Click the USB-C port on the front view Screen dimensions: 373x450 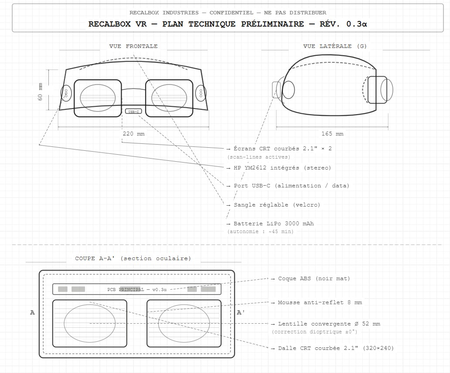point(133,111)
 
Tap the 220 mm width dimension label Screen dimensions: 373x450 point(133,134)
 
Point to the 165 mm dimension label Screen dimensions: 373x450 point(332,134)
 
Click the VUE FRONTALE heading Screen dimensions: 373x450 point(133,46)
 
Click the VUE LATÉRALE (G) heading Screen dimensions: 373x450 point(335,46)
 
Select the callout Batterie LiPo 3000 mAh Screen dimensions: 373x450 point(273,224)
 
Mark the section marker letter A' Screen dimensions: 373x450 point(240,312)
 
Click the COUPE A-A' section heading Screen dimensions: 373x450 point(133,258)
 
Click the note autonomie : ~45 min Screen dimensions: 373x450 point(260,231)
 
